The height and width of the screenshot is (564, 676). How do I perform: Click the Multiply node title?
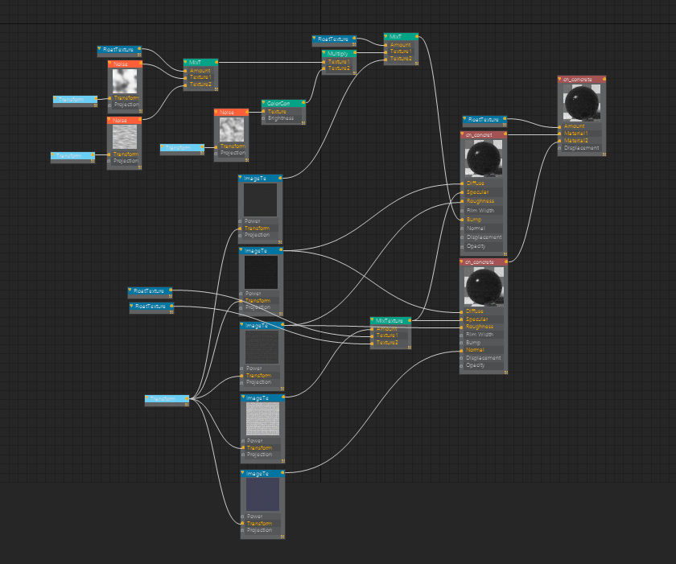coord(339,54)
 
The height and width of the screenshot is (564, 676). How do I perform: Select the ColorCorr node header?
coord(283,103)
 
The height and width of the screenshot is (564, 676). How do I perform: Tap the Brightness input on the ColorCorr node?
coord(281,118)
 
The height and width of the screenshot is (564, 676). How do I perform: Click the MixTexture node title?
coord(390,320)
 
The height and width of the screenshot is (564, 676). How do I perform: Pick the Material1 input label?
coord(575,133)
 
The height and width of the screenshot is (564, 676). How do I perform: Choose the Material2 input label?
coord(575,140)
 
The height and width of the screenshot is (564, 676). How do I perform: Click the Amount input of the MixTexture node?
coord(387,328)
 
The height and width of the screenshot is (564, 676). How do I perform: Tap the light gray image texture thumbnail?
coord(261,419)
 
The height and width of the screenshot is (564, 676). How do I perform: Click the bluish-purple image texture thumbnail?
coord(262,493)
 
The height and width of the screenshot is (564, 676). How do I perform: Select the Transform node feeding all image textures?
coord(167,397)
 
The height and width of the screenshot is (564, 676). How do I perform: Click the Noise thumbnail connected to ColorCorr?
coord(232,130)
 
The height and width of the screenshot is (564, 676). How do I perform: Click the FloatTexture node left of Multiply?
coord(334,39)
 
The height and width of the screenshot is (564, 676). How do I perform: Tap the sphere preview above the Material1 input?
coord(580,102)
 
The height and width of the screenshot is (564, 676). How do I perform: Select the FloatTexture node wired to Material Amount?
coord(484,120)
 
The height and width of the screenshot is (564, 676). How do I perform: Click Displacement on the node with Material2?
coord(581,148)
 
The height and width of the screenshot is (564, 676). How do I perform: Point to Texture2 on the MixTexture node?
coord(388,343)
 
